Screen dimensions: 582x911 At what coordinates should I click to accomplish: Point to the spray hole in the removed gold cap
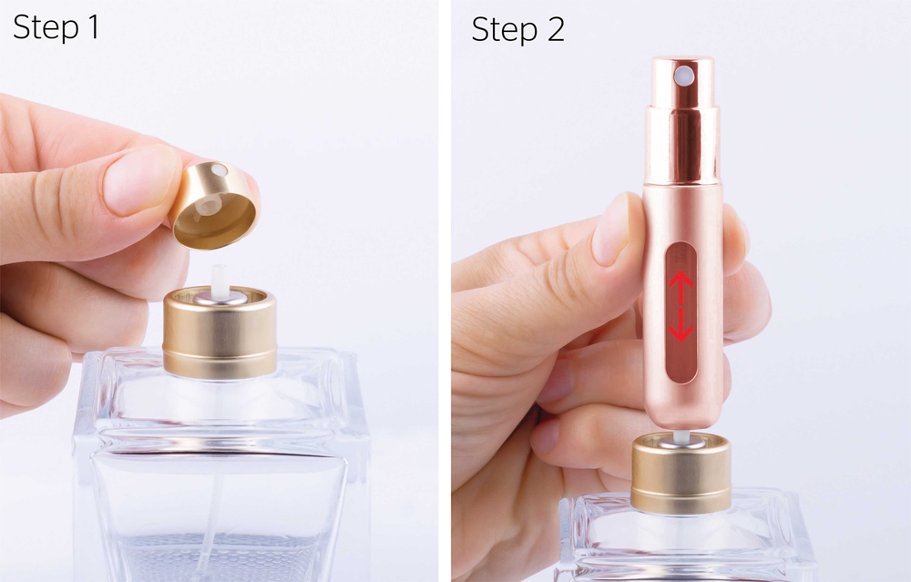[219, 170]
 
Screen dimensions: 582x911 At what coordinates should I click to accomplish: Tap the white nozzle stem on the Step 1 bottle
[219, 279]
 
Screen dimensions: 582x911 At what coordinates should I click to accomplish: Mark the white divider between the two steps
[445, 291]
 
